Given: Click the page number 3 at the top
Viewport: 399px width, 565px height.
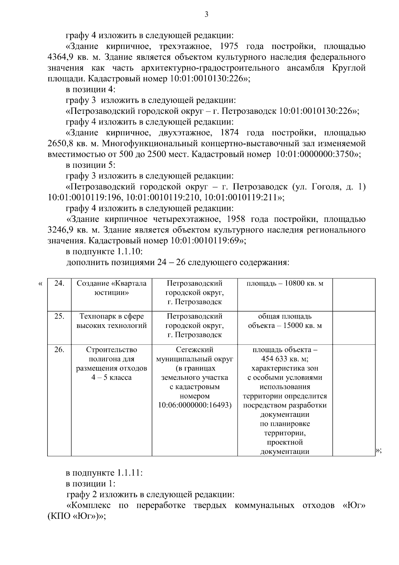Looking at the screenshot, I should pos(206,14).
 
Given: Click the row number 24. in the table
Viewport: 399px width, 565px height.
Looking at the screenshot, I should pos(59,283).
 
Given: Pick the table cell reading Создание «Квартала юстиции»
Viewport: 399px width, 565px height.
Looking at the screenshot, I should pos(111,288).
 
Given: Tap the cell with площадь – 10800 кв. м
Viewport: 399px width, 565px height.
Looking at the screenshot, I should pos(285,283).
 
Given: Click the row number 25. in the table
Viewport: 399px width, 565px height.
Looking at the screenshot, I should pos(59,316).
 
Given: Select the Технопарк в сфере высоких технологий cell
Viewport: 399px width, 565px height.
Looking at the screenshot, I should pos(111,321).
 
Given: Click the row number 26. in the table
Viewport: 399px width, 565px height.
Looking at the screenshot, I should pos(59,350).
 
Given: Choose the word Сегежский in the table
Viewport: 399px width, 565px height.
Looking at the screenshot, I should pos(195,350).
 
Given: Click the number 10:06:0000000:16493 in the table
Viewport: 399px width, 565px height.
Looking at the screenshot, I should pos(194,406).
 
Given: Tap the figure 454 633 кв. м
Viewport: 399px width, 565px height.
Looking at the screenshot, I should pos(285,359).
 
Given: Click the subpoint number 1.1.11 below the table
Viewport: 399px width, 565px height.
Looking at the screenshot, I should pos(130,473).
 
